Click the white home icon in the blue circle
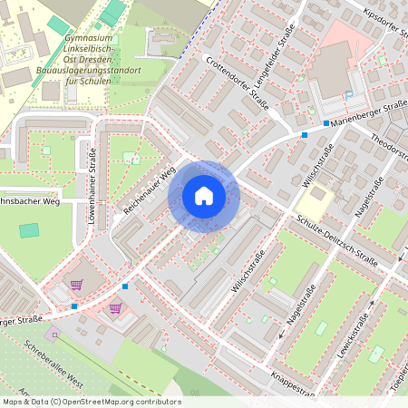click(203, 196)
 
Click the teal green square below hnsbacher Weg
click(30, 230)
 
